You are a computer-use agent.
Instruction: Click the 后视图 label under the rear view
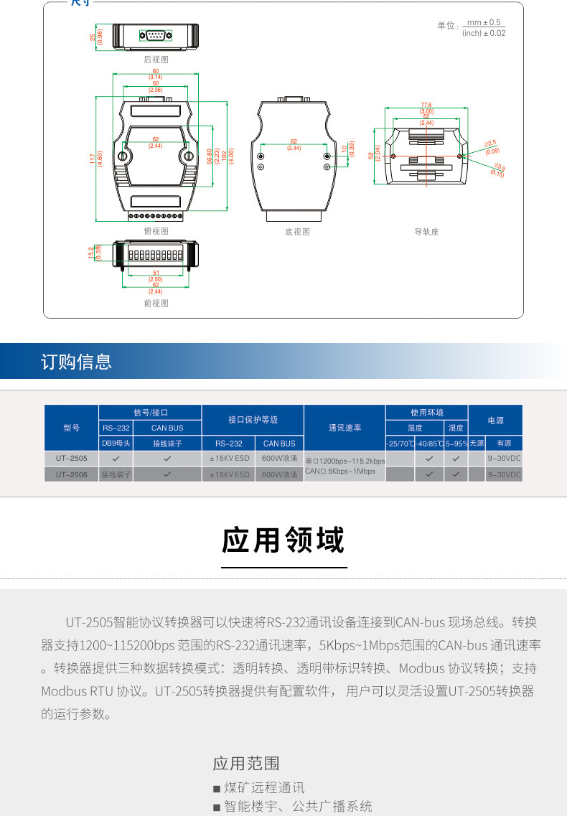tap(156, 60)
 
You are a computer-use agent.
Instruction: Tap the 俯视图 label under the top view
tap(156, 231)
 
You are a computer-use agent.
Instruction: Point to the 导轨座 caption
tap(426, 232)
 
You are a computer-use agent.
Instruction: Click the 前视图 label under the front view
tap(156, 304)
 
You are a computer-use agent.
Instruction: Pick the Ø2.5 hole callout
tap(492, 144)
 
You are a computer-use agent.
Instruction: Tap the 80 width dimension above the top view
tap(155, 71)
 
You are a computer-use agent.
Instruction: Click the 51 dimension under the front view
tap(155, 273)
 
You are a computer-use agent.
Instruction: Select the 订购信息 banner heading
tap(76, 362)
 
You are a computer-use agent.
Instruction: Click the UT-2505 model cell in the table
tap(71, 457)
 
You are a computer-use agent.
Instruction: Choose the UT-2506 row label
tap(71, 474)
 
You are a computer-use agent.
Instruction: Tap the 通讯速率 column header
tap(345, 428)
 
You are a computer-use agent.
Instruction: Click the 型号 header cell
tap(71, 428)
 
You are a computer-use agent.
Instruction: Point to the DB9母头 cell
tap(116, 444)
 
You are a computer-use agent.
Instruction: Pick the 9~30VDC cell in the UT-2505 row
tap(505, 457)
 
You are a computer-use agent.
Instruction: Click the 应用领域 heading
tap(283, 540)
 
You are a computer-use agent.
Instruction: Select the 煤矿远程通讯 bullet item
tap(264, 787)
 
